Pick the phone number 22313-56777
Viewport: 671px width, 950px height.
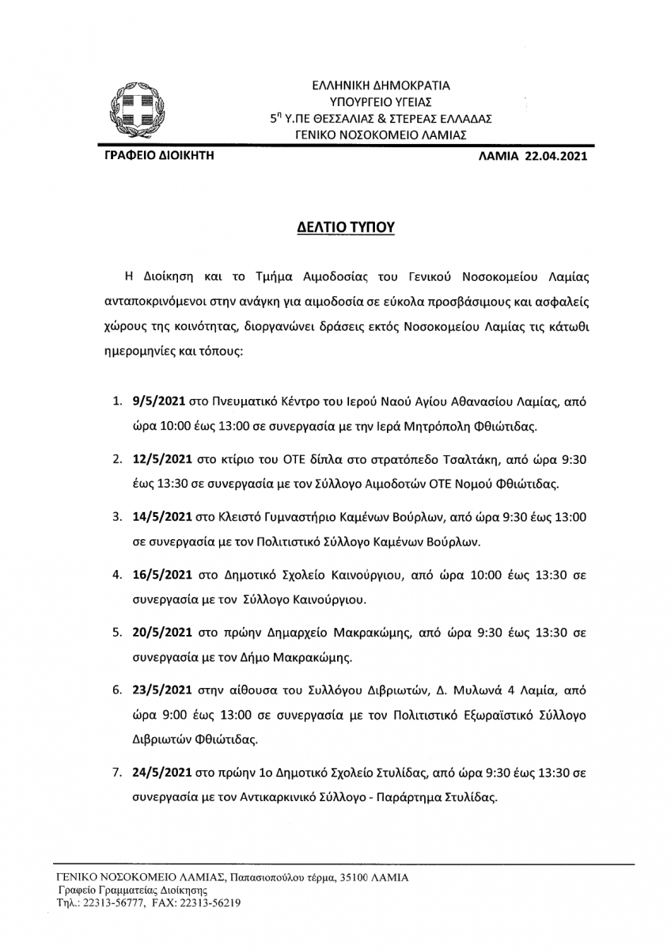110,902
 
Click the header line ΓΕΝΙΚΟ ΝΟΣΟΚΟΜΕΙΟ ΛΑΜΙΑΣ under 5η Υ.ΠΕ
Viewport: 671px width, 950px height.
381,135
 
